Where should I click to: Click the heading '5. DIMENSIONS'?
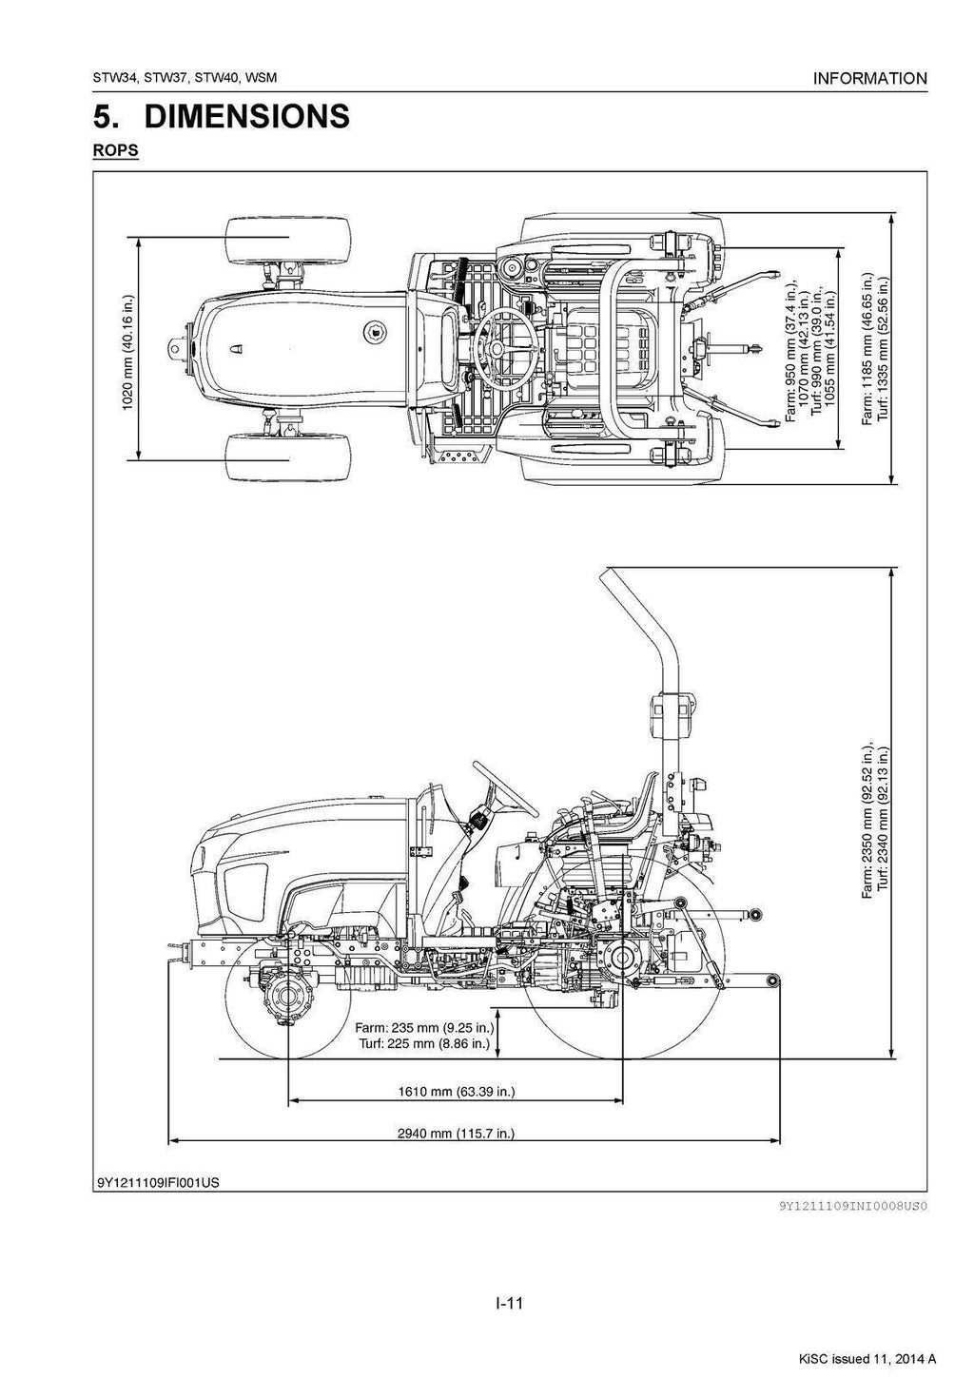click(x=222, y=117)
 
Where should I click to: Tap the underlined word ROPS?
click(x=115, y=150)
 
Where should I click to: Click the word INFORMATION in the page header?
click(x=869, y=79)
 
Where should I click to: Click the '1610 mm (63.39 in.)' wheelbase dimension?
click(x=456, y=1091)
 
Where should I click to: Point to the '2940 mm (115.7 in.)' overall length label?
click(x=456, y=1133)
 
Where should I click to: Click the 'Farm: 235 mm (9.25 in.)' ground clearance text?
click(x=424, y=1027)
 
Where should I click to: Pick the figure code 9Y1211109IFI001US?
click(x=157, y=1183)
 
